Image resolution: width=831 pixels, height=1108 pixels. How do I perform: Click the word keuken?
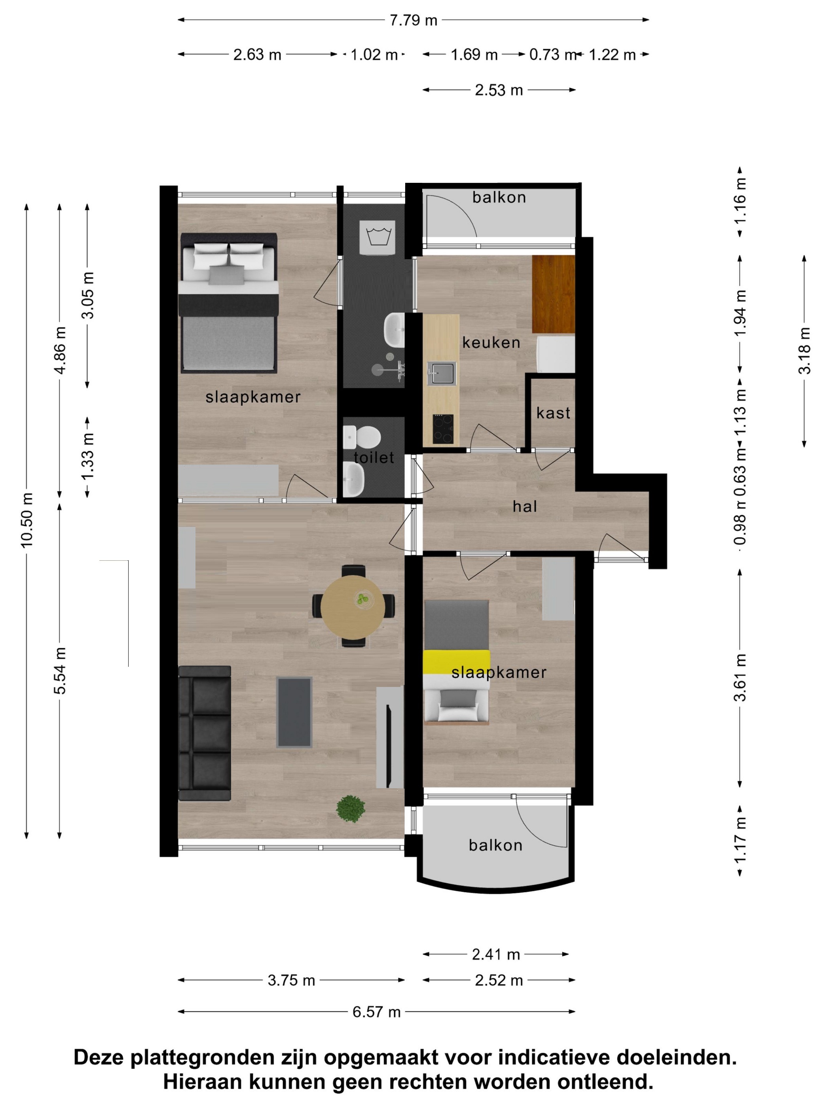[491, 343]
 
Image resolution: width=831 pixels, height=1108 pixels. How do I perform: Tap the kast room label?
[553, 413]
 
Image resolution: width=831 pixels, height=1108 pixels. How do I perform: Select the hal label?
[524, 507]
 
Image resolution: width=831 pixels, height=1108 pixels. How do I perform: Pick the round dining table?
[353, 607]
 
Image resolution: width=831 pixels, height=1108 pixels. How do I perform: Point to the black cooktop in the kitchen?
[443, 429]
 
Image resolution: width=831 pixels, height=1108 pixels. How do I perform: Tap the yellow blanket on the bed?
[456, 662]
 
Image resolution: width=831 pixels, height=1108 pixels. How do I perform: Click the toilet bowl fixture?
[362, 437]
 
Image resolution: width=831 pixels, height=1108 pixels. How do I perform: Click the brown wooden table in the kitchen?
[553, 294]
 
